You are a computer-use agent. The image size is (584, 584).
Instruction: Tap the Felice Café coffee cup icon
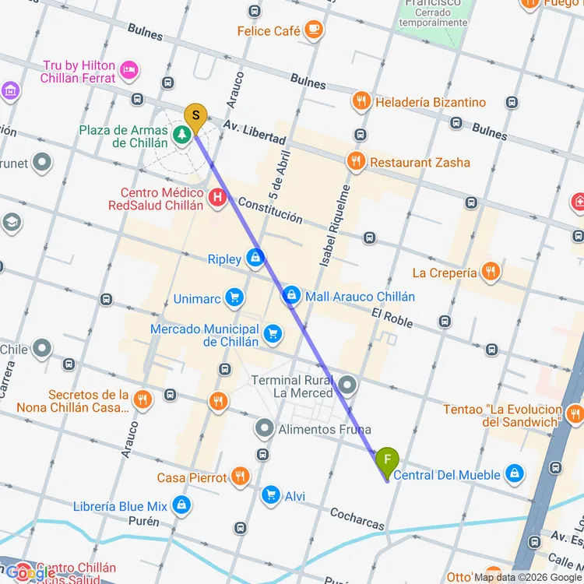point(314,30)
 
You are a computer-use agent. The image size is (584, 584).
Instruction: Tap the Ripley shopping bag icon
point(255,259)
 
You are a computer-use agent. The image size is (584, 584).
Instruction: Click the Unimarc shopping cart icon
point(234,297)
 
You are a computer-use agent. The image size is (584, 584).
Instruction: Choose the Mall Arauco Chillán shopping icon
point(290,296)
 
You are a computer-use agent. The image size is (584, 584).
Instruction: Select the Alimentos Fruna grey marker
point(266,429)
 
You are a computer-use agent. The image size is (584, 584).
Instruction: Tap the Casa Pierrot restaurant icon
point(241,477)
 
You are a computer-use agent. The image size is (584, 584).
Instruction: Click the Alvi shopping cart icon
point(270,495)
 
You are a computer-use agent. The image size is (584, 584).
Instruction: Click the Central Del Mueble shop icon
point(514,474)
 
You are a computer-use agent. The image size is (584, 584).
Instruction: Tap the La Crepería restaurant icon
point(490,272)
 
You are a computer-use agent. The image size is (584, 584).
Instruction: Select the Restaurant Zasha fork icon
point(356,162)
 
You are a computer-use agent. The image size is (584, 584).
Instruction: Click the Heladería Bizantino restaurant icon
point(361,101)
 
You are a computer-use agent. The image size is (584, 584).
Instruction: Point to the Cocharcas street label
point(357,519)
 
